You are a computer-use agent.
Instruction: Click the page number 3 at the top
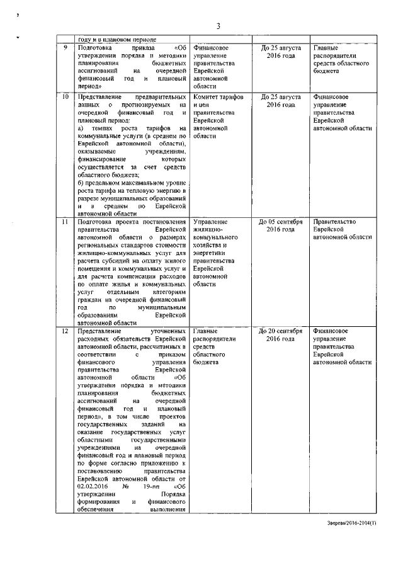[218, 25]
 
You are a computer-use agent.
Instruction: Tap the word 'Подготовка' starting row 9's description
[94, 47]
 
